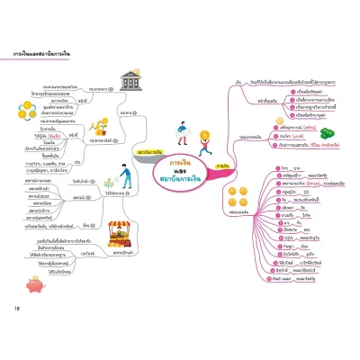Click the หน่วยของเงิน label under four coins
(x=239, y=220)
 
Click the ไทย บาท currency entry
(x=290, y=169)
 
